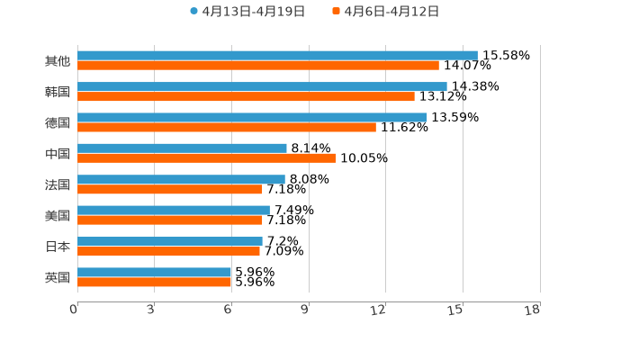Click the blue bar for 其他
point(277,56)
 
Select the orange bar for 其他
point(258,66)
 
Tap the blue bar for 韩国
point(262,86)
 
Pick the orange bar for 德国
point(227,127)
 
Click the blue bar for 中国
point(182,148)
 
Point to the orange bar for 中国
point(206,158)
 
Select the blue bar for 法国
point(181,179)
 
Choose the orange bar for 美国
point(170,220)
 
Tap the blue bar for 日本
point(170,241)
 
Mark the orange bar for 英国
point(155,282)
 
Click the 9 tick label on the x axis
point(305,310)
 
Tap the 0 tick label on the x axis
point(74,310)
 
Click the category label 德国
point(58,122)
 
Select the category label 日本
point(58,246)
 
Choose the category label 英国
point(58,277)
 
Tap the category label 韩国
point(58,92)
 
